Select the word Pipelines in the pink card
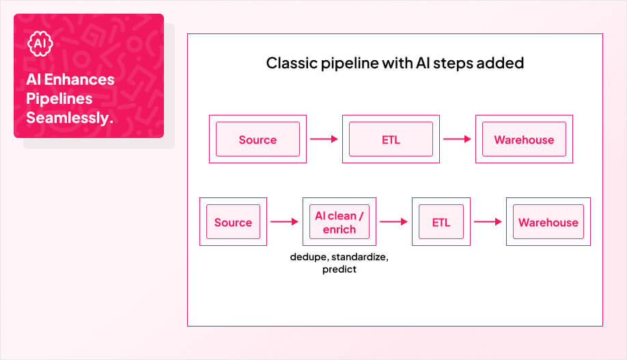[x=59, y=99]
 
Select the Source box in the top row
[x=257, y=139]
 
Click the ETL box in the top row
[x=391, y=139]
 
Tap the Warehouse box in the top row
[x=524, y=139]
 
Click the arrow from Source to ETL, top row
[x=324, y=139]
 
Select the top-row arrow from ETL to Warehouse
[x=457, y=139]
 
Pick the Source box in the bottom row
[x=233, y=222]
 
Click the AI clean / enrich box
[x=339, y=222]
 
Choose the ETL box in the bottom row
[x=441, y=222]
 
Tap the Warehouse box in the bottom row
[x=548, y=222]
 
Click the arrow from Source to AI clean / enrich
[x=285, y=222]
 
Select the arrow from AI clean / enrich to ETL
[x=393, y=222]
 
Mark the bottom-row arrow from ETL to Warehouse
[x=488, y=222]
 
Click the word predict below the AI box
[x=339, y=270]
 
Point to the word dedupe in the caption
[x=307, y=258]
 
